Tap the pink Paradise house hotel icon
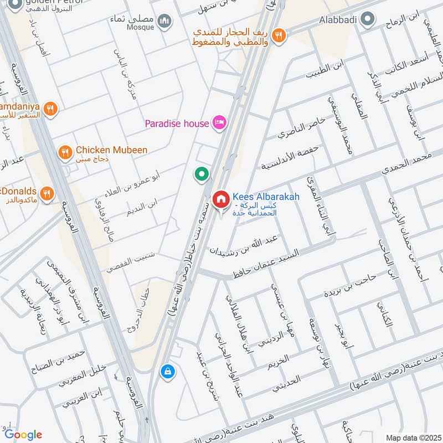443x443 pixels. [x=219, y=123]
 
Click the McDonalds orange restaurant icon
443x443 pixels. [x=48, y=193]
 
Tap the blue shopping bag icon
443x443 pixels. [x=166, y=372]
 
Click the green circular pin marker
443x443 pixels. [x=202, y=175]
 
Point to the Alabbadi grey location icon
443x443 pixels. [x=367, y=20]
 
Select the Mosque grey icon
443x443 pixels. [x=164, y=22]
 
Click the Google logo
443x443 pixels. [x=23, y=435]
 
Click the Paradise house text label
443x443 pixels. [x=176, y=123]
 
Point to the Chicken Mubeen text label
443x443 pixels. [x=111, y=150]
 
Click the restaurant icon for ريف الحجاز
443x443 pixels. [x=280, y=34]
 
